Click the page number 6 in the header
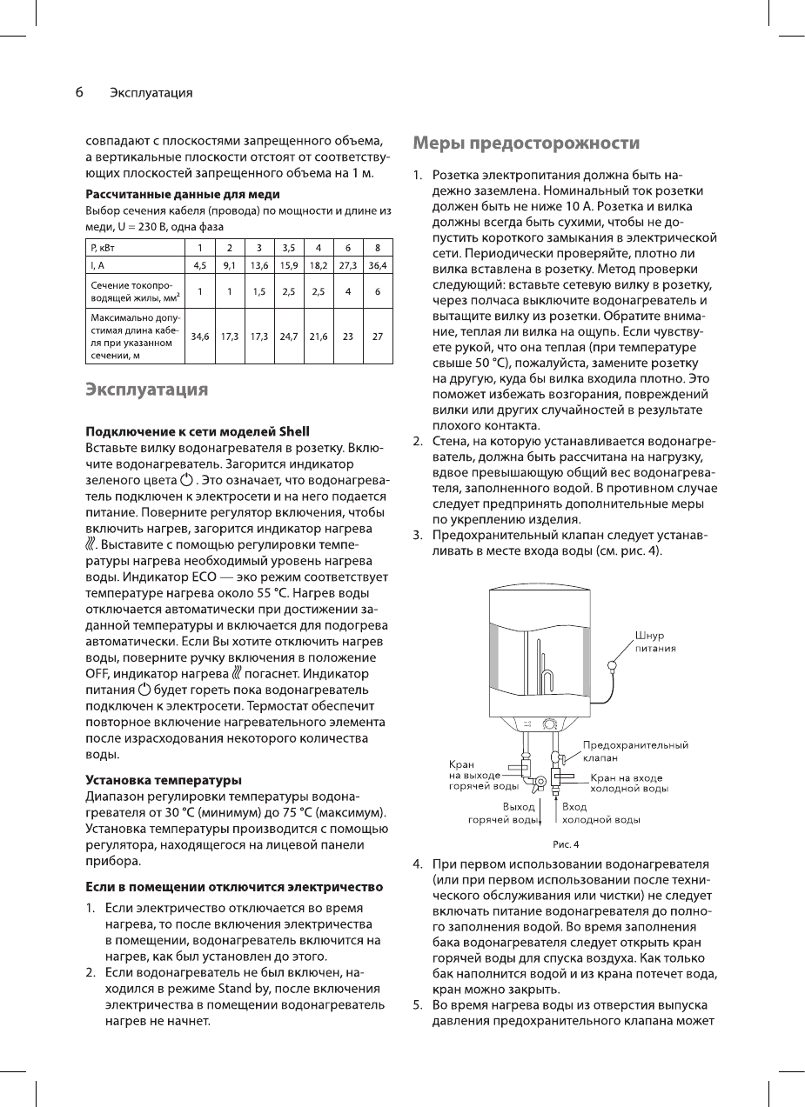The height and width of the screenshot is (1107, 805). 78,92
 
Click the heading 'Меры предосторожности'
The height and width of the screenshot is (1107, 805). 527,143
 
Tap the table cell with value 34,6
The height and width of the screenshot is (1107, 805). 200,334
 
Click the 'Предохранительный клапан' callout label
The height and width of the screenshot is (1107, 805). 635,751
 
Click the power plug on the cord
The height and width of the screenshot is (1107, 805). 613,666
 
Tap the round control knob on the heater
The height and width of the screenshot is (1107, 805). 550,724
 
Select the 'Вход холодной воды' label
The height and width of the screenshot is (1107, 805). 601,813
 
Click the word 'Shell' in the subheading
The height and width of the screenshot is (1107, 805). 293,431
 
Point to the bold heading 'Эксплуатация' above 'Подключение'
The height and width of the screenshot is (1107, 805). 146,389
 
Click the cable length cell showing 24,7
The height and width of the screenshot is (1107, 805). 289,334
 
